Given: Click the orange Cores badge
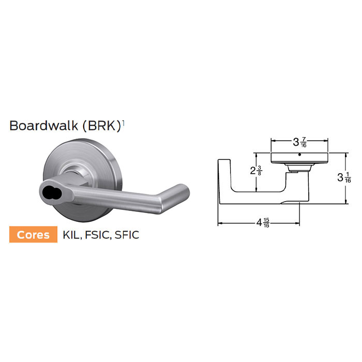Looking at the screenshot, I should tap(34, 234).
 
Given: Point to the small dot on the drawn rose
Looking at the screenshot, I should tap(300, 154).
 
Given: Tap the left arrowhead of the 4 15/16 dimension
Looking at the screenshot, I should tap(220, 223).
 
